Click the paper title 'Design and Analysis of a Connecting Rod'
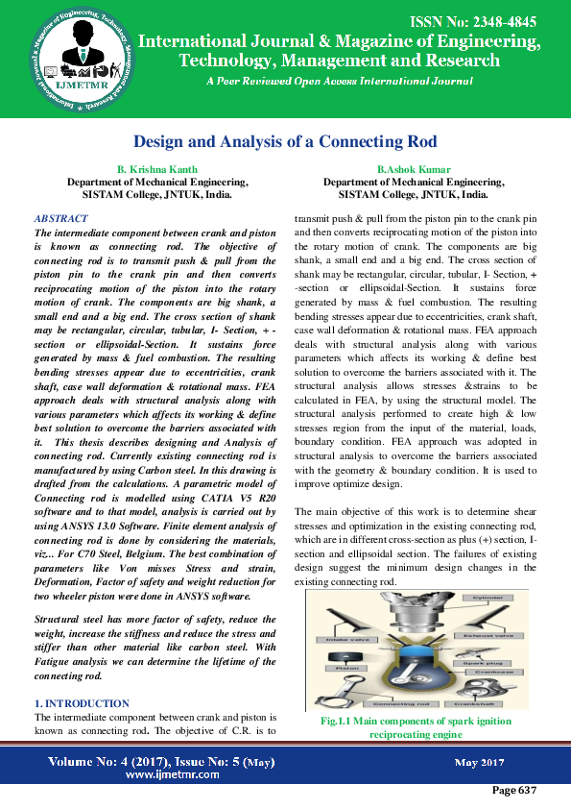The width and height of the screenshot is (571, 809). click(x=285, y=141)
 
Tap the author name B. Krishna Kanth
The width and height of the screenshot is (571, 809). click(x=156, y=169)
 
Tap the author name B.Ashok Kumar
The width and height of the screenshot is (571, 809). click(x=414, y=169)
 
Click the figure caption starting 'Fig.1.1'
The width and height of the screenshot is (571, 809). click(x=415, y=727)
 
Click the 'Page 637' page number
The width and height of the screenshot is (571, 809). click(x=513, y=790)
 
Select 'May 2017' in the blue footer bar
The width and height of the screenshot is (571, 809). click(x=479, y=762)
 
